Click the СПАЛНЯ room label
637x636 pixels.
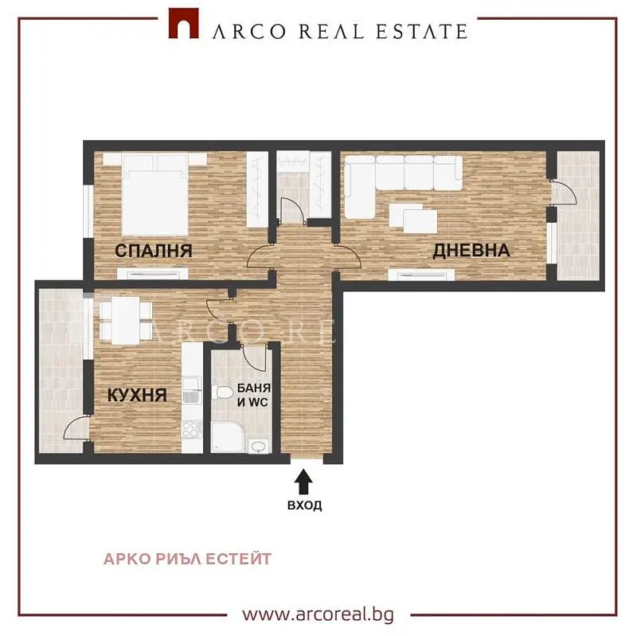pyautogui.click(x=154, y=251)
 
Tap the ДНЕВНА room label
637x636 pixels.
pyautogui.click(x=471, y=250)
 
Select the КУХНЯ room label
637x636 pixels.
pyautogui.click(x=137, y=395)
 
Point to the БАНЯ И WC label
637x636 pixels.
pyautogui.click(x=253, y=395)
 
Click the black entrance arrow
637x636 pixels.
pyautogui.click(x=303, y=482)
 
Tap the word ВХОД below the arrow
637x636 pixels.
pyautogui.click(x=305, y=505)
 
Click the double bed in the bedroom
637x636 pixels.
pyautogui.click(x=154, y=194)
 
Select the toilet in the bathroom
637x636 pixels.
pyautogui.click(x=221, y=393)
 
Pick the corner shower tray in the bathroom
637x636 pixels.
pyautogui.click(x=228, y=437)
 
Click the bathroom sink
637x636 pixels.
pyautogui.click(x=258, y=447)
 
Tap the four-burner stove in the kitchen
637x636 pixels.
pyautogui.click(x=192, y=430)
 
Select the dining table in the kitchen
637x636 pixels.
pyautogui.click(x=126, y=321)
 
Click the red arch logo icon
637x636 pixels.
pyautogui.click(x=184, y=24)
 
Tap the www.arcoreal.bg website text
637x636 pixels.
pyautogui.click(x=318, y=614)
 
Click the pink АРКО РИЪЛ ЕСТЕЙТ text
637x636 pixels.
pyautogui.click(x=187, y=559)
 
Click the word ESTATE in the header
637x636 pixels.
pyautogui.click(x=422, y=31)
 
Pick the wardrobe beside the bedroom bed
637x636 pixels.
pyautogui.click(x=257, y=189)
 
